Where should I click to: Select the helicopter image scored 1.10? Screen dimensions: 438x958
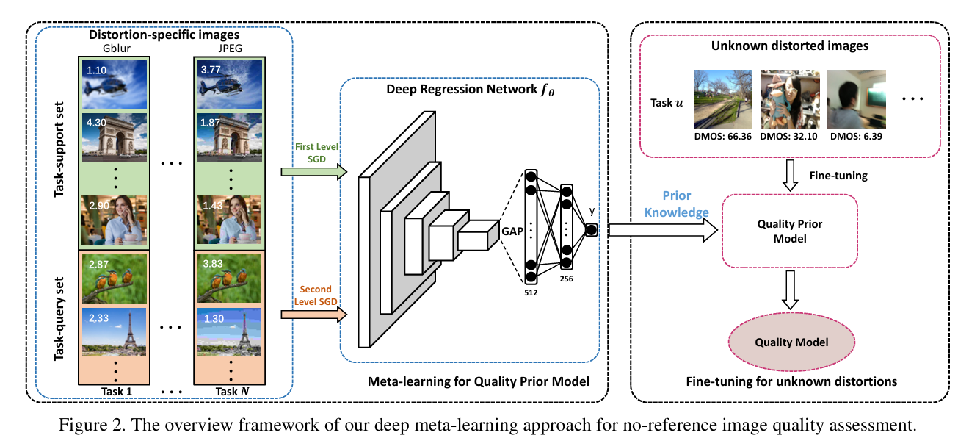(x=115, y=84)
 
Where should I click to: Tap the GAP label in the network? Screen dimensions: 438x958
(x=512, y=231)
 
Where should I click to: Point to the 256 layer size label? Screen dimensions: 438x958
(x=565, y=279)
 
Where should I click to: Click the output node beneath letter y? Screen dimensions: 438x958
(x=591, y=231)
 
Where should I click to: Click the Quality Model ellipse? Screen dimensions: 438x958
(x=791, y=342)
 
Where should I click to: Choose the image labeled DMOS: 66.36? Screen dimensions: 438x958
(x=723, y=99)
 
